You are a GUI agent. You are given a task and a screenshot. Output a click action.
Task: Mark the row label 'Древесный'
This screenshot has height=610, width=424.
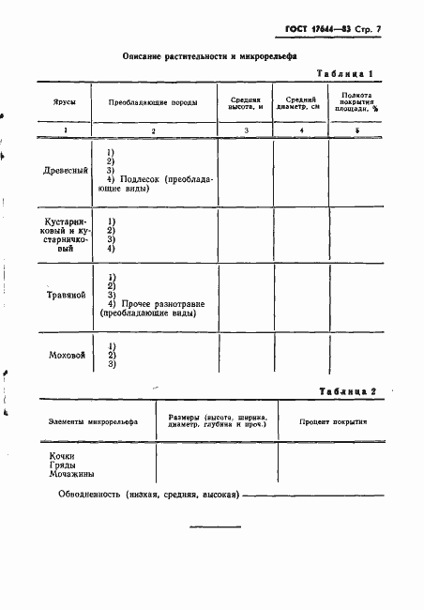(66, 172)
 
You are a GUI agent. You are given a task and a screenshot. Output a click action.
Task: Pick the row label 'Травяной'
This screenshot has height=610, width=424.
(67, 297)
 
